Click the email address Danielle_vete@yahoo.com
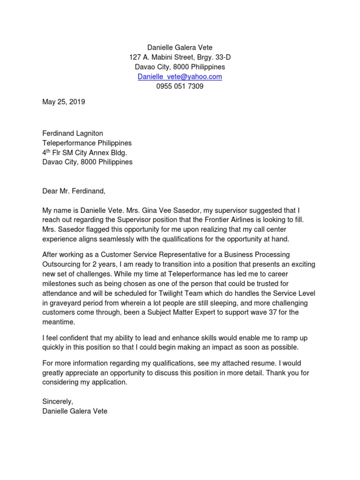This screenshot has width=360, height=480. click(180, 76)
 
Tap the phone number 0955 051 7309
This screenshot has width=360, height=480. click(180, 86)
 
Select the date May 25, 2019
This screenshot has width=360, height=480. click(64, 101)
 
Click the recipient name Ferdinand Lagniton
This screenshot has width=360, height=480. click(73, 134)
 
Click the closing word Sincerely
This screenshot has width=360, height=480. click(58, 402)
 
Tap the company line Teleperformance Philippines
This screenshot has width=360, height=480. click(87, 143)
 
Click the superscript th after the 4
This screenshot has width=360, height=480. click(50, 150)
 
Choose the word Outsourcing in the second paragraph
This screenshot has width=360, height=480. click(61, 264)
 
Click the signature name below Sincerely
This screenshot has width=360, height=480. click(75, 411)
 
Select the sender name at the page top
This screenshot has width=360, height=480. click(180, 47)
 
